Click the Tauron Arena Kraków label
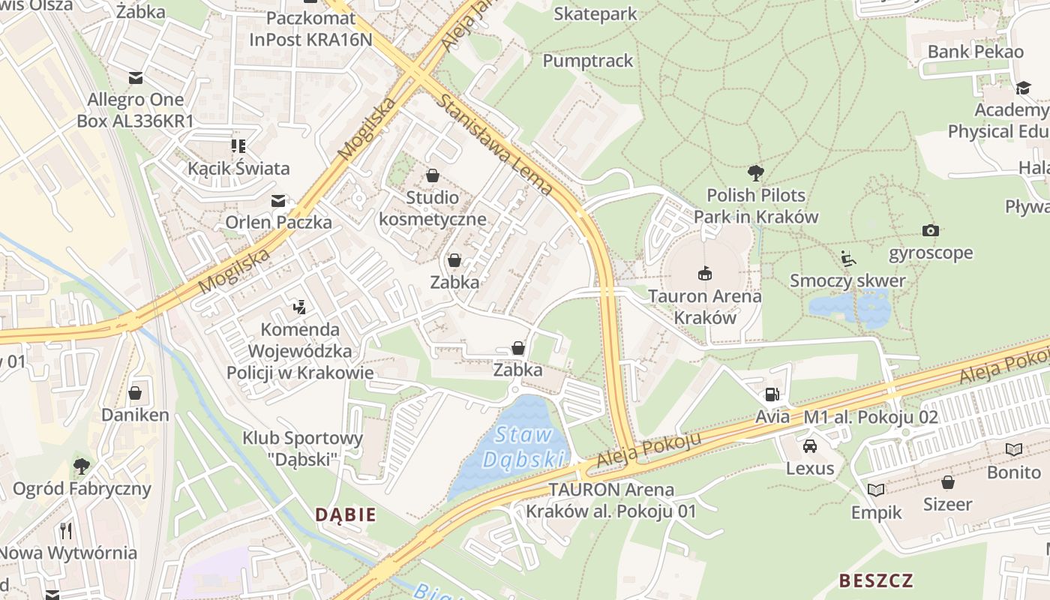click(704, 306)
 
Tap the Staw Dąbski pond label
click(524, 447)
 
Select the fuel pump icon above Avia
click(771, 394)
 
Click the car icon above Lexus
click(810, 446)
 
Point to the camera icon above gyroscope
click(931, 230)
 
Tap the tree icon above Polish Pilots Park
click(755, 172)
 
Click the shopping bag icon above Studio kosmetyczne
click(433, 175)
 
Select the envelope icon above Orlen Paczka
click(278, 200)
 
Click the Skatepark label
click(595, 13)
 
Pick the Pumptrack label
click(588, 61)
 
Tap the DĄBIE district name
click(346, 514)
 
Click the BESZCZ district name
click(876, 580)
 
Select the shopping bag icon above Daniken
click(135, 393)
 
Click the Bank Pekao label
click(975, 52)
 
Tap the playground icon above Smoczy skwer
click(848, 259)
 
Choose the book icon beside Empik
click(876, 490)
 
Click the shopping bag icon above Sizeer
click(948, 481)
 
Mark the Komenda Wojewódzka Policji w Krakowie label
click(300, 350)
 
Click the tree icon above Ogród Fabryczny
click(82, 466)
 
